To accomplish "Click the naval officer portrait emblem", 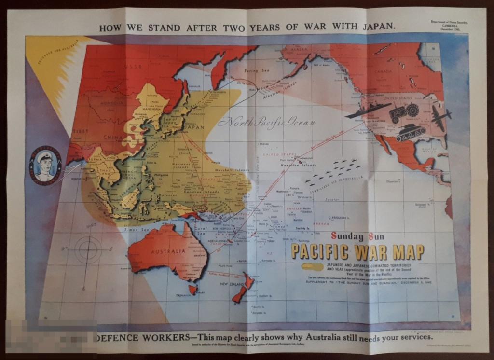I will pos(45,165).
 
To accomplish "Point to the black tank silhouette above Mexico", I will pos(410,132).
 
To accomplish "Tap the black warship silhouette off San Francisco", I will pos(368,111).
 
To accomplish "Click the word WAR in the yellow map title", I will pos(371,252).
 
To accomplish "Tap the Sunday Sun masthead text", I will pos(357,236).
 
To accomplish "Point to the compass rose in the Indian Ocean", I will pos(88,250).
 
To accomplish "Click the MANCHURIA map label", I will pos(151,110).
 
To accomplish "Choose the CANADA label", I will pos(397,72).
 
